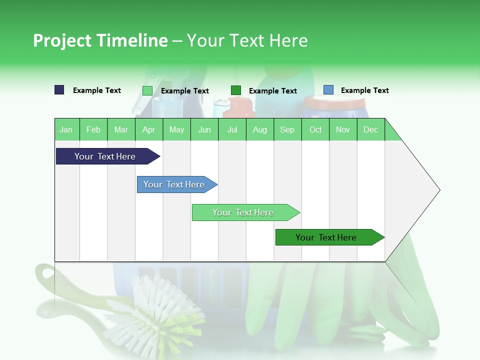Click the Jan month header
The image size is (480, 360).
[x=66, y=129]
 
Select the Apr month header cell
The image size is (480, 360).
[x=149, y=129]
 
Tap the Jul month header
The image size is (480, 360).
[x=232, y=129]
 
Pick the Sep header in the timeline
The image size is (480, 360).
[x=287, y=129]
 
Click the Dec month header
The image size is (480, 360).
[x=370, y=129]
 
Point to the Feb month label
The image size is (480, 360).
[x=93, y=129]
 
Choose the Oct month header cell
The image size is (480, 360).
[x=315, y=129]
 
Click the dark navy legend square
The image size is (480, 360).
[x=59, y=90]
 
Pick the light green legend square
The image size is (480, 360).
[x=147, y=90]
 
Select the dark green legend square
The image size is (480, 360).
[x=236, y=90]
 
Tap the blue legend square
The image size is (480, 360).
[x=328, y=90]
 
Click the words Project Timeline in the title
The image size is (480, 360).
[x=100, y=40]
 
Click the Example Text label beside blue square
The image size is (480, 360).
[x=364, y=90]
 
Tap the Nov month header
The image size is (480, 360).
[x=343, y=129]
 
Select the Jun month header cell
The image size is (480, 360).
[x=204, y=129]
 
